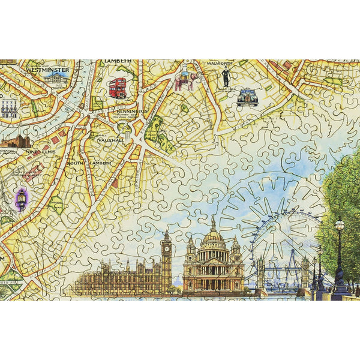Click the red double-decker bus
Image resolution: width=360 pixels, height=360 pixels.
118,88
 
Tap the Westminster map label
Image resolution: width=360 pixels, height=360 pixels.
49,70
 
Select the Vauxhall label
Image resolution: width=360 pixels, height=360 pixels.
112,140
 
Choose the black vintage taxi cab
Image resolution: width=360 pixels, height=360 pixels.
247,97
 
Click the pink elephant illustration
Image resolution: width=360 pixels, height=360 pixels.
187,80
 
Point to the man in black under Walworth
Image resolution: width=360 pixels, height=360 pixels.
226,77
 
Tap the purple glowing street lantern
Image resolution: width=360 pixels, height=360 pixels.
22,199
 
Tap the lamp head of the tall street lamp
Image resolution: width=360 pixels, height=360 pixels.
340,225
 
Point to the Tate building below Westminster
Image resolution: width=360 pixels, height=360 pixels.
56,79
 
